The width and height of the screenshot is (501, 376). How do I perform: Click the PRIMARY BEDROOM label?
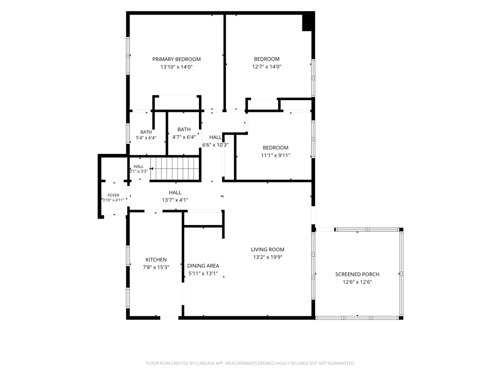pyautogui.click(x=176, y=59)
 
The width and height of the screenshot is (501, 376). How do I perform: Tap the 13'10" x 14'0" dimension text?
pyautogui.click(x=176, y=67)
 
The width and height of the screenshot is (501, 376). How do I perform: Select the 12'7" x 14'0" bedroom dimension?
pyautogui.click(x=267, y=67)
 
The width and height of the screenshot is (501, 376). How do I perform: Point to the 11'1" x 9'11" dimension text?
pyautogui.click(x=276, y=155)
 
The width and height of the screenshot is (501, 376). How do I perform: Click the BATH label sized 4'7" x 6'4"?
pyautogui.click(x=184, y=129)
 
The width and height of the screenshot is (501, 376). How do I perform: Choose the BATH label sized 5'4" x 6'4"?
pyautogui.click(x=146, y=132)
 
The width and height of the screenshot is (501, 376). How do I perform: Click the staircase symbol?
pyautogui.click(x=175, y=168)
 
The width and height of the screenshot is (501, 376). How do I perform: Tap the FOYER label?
pyautogui.click(x=113, y=195)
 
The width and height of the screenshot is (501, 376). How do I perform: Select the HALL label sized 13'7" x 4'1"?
pyautogui.click(x=175, y=193)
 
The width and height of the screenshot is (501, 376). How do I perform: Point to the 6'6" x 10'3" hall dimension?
pyautogui.click(x=215, y=145)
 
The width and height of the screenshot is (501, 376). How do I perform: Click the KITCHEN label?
pyautogui.click(x=156, y=260)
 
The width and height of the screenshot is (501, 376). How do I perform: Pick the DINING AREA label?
pyautogui.click(x=203, y=266)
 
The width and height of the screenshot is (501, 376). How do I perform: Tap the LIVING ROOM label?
pyautogui.click(x=268, y=249)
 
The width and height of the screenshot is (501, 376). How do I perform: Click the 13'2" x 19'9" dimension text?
pyautogui.click(x=268, y=257)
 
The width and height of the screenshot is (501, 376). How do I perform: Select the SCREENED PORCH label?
pyautogui.click(x=357, y=274)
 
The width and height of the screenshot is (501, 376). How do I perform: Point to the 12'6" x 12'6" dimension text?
pyautogui.click(x=357, y=282)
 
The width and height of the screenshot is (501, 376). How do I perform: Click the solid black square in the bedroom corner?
pyautogui.click(x=308, y=22)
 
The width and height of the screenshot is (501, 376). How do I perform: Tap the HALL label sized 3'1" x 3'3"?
pyautogui.click(x=139, y=166)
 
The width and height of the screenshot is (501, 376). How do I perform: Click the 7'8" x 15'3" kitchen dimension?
pyautogui.click(x=156, y=267)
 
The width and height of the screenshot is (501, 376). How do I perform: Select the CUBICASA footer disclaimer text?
pyautogui.click(x=250, y=363)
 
